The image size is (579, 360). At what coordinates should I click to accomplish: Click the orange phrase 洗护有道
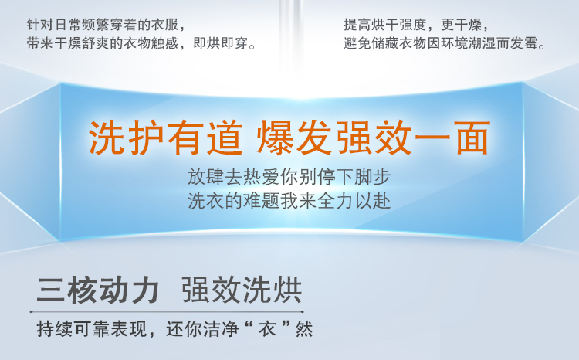click(165, 138)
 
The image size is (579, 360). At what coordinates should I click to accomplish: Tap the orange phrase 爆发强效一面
click(374, 138)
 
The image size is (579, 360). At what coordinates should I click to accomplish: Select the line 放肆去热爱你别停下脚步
click(289, 177)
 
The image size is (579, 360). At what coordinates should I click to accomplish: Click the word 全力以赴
click(354, 202)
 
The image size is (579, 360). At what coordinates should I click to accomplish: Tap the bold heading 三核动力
click(98, 290)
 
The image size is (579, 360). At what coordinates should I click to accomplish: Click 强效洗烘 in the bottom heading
click(242, 290)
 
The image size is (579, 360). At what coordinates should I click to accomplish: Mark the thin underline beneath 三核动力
click(167, 312)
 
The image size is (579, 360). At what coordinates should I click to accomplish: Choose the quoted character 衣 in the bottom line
click(267, 328)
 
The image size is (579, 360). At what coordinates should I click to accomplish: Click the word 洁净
click(221, 328)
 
